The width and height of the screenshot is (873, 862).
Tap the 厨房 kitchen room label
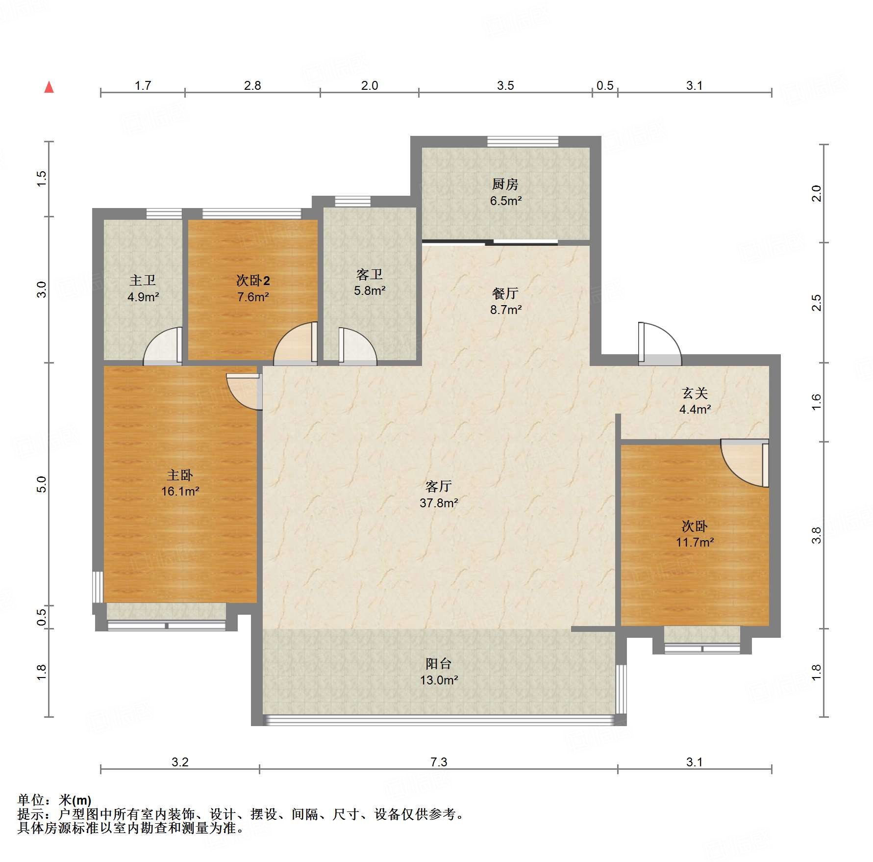[505, 184]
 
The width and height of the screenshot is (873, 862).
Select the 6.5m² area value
[505, 201]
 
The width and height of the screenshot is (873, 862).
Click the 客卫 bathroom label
[369, 274]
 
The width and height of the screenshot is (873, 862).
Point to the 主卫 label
[143, 280]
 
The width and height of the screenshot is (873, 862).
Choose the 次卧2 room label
[253, 280]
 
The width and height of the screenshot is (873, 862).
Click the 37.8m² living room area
[439, 503]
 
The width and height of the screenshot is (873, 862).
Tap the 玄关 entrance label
[695, 393]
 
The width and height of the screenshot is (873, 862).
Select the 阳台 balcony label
[438, 664]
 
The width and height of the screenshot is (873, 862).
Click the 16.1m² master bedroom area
[180, 491]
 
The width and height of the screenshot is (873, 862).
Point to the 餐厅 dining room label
[505, 293]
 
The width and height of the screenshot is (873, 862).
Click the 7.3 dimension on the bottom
[439, 762]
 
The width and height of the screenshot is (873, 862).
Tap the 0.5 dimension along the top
[605, 85]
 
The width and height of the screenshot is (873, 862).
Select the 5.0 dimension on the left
[42, 484]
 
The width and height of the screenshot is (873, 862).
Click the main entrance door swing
[659, 343]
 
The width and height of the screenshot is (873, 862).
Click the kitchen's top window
[523, 141]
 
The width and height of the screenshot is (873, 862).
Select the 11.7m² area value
[695, 542]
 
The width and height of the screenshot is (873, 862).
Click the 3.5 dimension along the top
[505, 85]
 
